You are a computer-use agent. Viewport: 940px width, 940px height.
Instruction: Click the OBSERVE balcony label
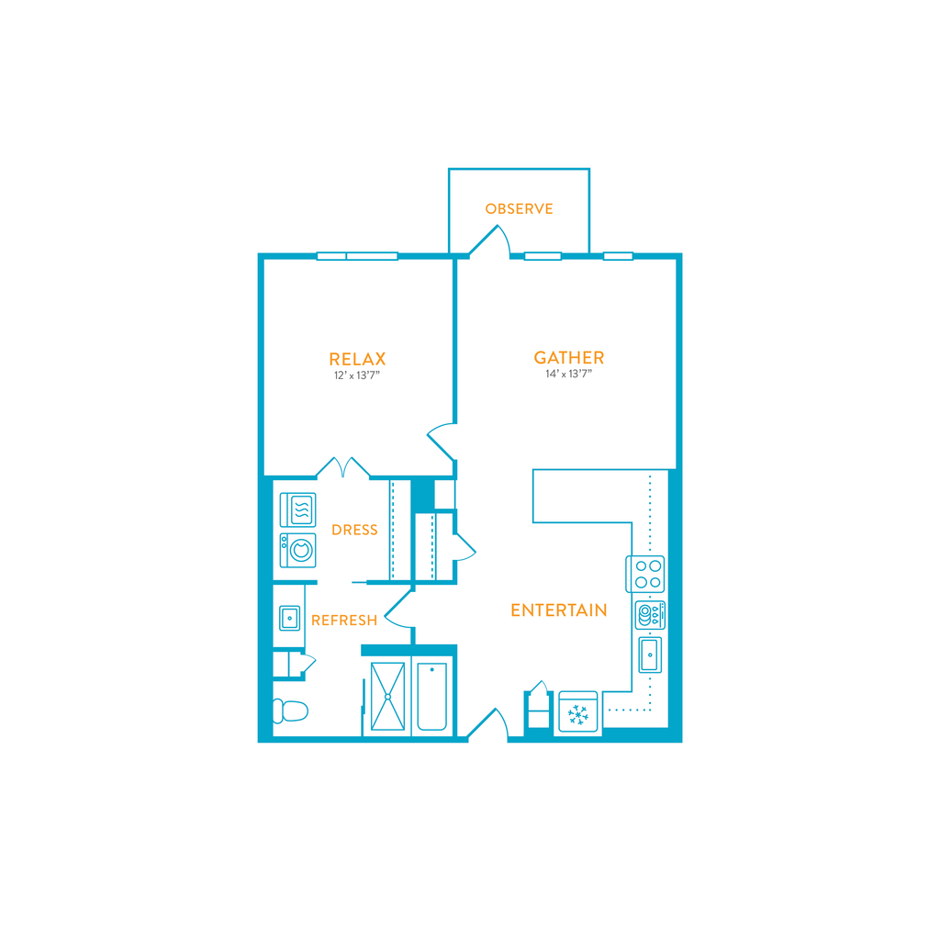pyautogui.click(x=519, y=209)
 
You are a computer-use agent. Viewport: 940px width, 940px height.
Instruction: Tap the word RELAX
pyautogui.click(x=357, y=359)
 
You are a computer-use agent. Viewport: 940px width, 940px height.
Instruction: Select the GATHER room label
pyautogui.click(x=569, y=358)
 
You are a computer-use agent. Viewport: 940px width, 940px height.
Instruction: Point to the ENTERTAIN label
pyautogui.click(x=558, y=610)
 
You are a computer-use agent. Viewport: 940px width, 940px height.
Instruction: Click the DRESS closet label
pyautogui.click(x=354, y=530)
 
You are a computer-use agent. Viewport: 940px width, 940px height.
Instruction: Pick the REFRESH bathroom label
pyautogui.click(x=344, y=621)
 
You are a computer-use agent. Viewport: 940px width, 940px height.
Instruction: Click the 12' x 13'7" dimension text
pyautogui.click(x=357, y=375)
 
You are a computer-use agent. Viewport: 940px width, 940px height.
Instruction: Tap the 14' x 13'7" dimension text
pyautogui.click(x=569, y=375)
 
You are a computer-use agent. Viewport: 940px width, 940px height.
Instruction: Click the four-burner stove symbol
pyautogui.click(x=646, y=574)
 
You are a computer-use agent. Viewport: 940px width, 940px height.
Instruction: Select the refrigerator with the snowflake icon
pyautogui.click(x=578, y=712)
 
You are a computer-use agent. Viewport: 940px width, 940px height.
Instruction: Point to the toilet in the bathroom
pyautogui.click(x=289, y=711)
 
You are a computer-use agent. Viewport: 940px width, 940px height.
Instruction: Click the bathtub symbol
pyautogui.click(x=432, y=697)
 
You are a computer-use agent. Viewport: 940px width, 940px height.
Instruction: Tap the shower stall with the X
pyautogui.click(x=387, y=697)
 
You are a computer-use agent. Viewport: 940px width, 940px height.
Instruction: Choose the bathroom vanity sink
pyautogui.click(x=290, y=618)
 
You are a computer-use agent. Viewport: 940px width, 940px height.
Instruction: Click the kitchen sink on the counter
pyautogui.click(x=650, y=655)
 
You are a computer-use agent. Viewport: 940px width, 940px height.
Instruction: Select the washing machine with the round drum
pyautogui.click(x=297, y=551)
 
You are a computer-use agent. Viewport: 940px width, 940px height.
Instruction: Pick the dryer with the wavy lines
pyautogui.click(x=297, y=509)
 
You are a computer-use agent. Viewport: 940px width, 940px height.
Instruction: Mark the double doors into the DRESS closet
pyautogui.click(x=342, y=467)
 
